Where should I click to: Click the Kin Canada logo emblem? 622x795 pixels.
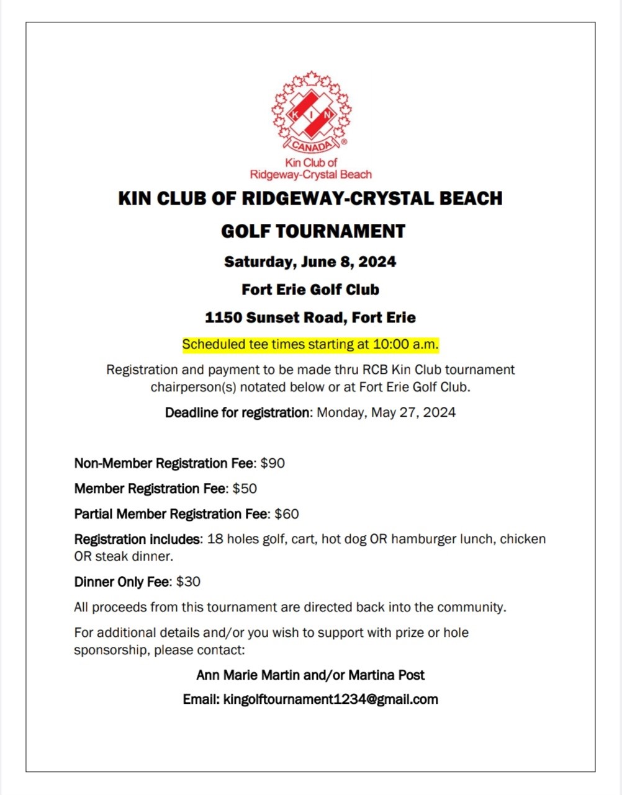pyautogui.click(x=311, y=112)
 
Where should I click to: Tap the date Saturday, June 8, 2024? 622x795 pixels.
pyautogui.click(x=310, y=262)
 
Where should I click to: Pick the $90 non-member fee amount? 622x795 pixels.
pyautogui.click(x=273, y=463)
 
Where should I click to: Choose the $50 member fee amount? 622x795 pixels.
pyautogui.click(x=245, y=489)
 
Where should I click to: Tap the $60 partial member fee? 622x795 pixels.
pyautogui.click(x=286, y=514)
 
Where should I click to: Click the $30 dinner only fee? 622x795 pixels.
pyautogui.click(x=188, y=582)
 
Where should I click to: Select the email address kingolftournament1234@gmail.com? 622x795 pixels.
pyautogui.click(x=330, y=700)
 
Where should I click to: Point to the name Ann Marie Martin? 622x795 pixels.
pyautogui.click(x=248, y=675)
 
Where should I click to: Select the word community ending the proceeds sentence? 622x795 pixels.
pyautogui.click(x=470, y=607)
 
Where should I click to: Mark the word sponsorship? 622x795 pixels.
pyautogui.click(x=110, y=651)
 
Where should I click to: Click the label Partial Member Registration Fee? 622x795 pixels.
pyautogui.click(x=171, y=514)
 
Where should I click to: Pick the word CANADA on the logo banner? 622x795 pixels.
pyautogui.click(x=312, y=147)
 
